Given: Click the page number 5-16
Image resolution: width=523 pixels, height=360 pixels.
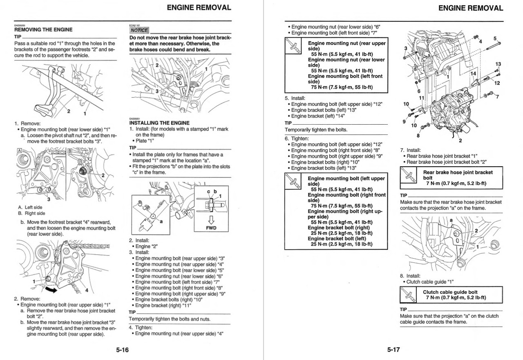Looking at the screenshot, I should [x=122, y=350].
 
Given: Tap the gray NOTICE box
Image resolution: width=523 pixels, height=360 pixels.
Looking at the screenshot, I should [x=139, y=30].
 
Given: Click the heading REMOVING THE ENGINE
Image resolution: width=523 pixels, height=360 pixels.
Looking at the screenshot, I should [x=43, y=30].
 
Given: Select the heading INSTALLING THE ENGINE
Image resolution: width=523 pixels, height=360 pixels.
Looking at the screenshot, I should [x=159, y=123].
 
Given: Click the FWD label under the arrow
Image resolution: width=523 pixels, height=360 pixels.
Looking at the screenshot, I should [x=211, y=228].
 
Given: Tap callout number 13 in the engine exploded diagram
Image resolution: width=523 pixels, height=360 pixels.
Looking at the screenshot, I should [x=498, y=64].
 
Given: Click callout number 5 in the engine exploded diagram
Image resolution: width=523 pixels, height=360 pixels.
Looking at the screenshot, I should [x=495, y=38].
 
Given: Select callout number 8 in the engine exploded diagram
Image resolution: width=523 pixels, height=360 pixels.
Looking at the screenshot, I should [x=418, y=136].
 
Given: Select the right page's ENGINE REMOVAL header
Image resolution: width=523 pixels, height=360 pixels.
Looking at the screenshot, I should [x=470, y=8].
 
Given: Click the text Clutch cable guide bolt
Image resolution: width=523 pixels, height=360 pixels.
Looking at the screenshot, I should [x=450, y=292].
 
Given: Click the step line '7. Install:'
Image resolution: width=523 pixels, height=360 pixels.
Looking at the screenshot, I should [x=410, y=150].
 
